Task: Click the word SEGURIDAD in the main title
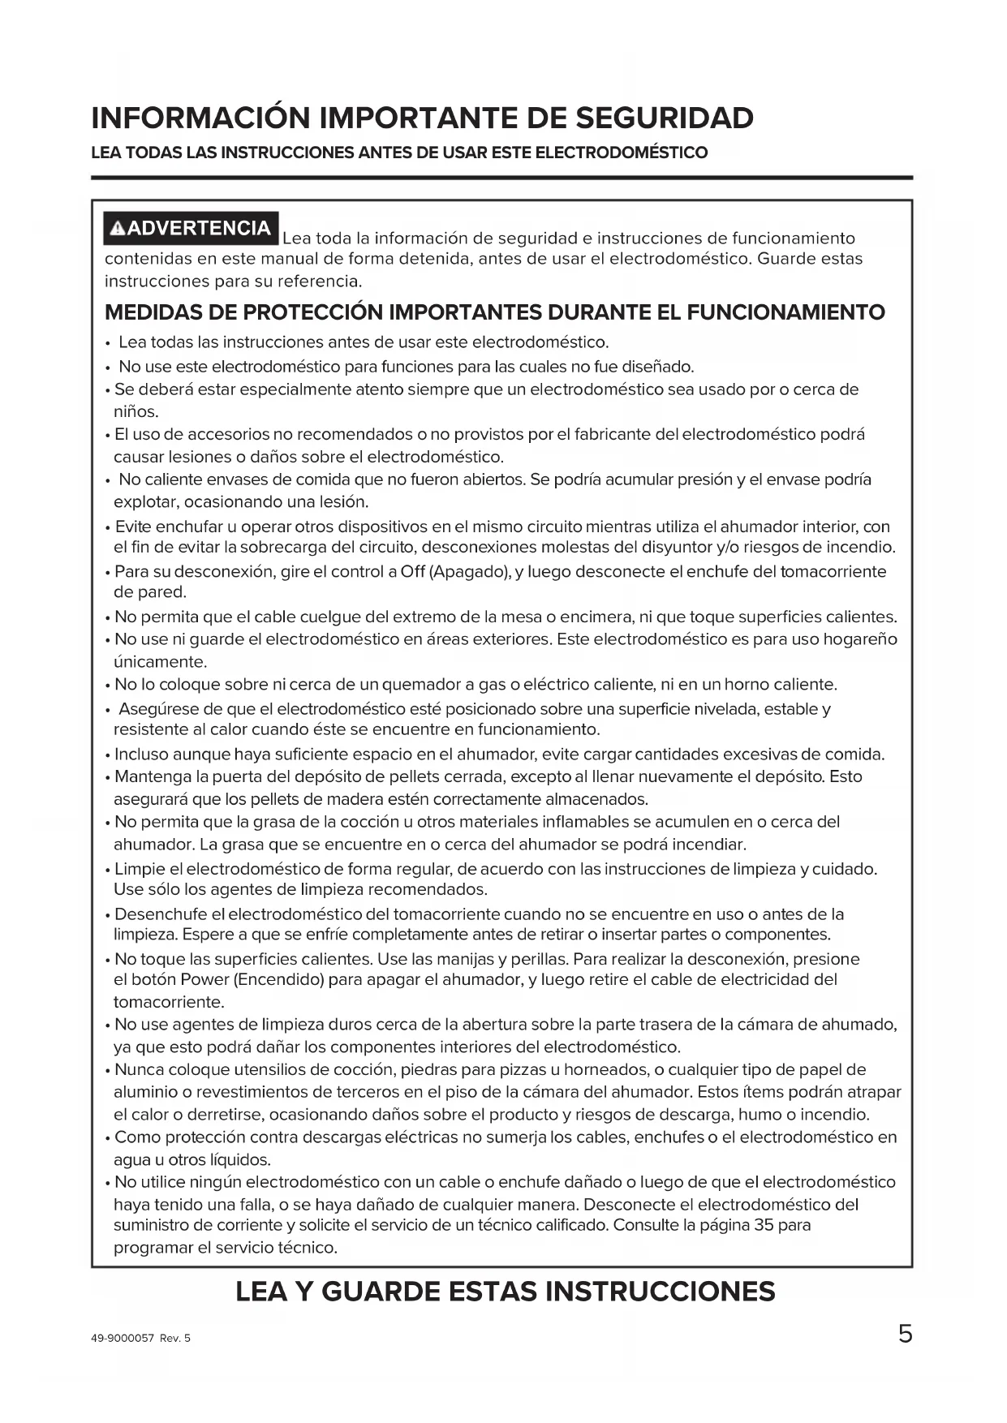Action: [665, 118]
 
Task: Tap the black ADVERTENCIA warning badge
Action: [192, 228]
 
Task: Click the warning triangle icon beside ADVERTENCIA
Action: [118, 229]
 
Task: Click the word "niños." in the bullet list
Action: [136, 411]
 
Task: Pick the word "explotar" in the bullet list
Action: [142, 501]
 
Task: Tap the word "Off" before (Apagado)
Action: [412, 571]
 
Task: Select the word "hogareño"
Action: [860, 639]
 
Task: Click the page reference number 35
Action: [764, 1224]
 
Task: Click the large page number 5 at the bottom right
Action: [905, 1334]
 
